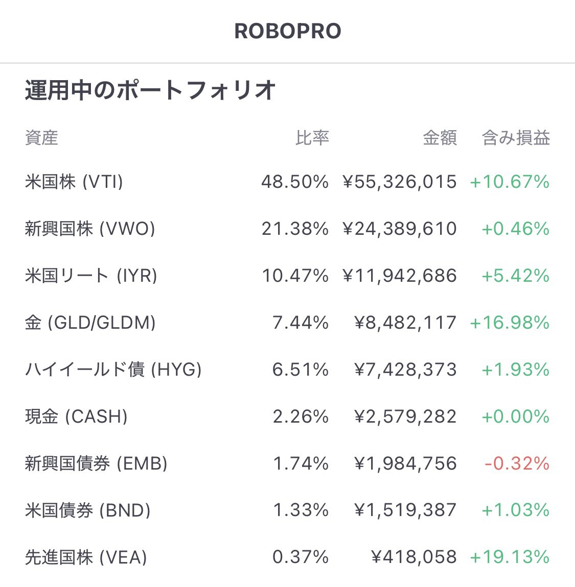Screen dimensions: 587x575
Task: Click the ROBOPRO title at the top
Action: point(287,31)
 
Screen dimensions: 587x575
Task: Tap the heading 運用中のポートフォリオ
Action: point(150,91)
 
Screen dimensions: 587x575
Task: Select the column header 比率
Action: point(312,138)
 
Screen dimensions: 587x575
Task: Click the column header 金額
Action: point(440,138)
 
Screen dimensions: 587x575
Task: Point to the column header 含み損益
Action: point(516,138)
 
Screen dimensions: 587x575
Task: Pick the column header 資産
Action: point(41,138)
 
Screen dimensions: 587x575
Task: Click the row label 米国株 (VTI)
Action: point(74,182)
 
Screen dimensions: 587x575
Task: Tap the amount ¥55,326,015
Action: point(399,182)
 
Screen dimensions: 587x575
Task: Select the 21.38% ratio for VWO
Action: point(295,229)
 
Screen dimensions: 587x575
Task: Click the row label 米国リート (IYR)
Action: point(91,276)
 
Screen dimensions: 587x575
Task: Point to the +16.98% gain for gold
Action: point(510,323)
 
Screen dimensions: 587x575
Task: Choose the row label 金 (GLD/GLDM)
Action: point(90,323)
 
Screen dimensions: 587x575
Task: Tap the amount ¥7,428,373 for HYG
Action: point(405,370)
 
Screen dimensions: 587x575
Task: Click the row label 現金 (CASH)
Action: point(76,417)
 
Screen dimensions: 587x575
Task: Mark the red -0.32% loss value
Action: point(517,463)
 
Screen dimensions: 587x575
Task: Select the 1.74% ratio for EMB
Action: point(301,463)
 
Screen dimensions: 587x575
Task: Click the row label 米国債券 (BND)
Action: point(88,510)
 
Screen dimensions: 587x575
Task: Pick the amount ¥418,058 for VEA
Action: point(413,557)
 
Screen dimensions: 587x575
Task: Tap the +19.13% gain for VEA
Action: point(510,557)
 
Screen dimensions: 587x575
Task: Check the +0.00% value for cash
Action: point(515,417)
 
